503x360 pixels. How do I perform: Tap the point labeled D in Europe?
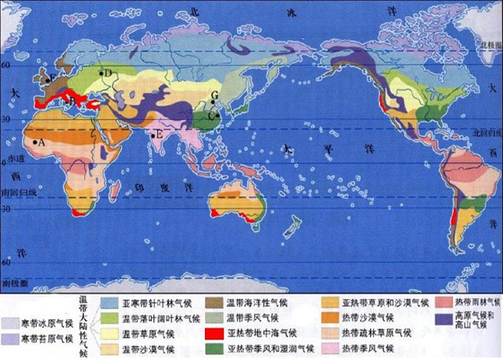tap(101, 74)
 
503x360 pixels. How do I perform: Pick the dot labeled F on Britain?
tap(46, 80)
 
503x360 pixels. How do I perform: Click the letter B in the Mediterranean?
tap(73, 101)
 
